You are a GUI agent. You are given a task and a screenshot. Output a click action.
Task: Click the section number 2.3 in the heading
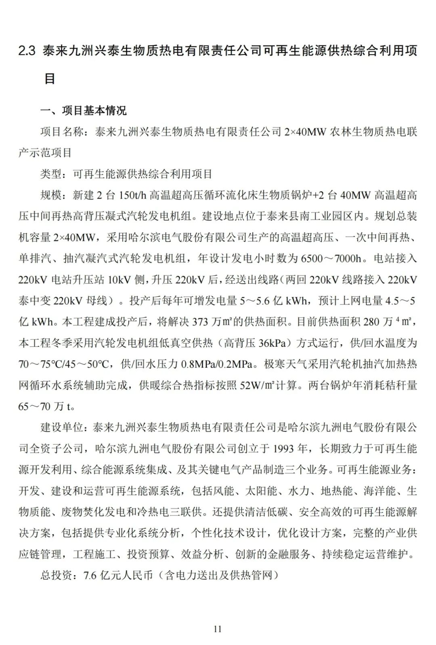pos(27,51)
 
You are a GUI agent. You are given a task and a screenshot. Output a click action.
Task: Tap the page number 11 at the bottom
pos(218,628)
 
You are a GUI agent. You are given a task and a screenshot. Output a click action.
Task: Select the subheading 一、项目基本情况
pos(84,110)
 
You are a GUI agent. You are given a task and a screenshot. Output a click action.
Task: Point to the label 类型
pos(50,174)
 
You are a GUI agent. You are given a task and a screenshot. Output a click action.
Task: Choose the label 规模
pos(50,195)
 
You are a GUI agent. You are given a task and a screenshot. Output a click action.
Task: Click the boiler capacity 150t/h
pos(132,195)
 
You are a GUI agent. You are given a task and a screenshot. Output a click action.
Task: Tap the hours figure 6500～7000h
pos(331,258)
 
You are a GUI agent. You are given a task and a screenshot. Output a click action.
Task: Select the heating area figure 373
pos(201,322)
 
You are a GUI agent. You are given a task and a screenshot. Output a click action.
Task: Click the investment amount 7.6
pos(90,575)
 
